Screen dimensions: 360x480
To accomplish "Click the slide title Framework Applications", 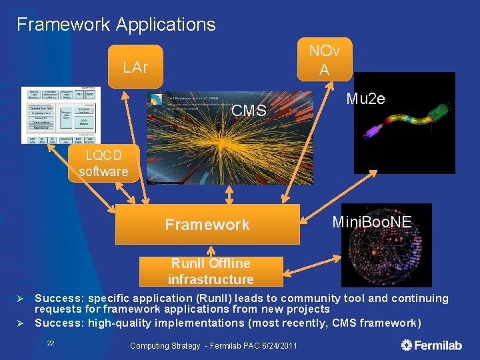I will tap(116, 25).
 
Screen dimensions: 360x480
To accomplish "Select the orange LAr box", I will tap(135, 67).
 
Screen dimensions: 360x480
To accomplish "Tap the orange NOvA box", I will tap(323, 60).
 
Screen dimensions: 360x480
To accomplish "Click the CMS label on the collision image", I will tap(249, 110).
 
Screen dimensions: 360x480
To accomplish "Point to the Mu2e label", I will tap(365, 99).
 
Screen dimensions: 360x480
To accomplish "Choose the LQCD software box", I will tap(103, 164).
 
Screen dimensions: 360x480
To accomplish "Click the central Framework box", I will tap(207, 225).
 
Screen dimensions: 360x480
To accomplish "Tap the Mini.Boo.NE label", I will tap(372, 221).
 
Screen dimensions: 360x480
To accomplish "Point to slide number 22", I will tap(51, 343).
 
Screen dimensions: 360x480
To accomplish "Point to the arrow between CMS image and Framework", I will tap(230, 193).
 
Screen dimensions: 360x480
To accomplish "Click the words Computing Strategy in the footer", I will tap(165, 345).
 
